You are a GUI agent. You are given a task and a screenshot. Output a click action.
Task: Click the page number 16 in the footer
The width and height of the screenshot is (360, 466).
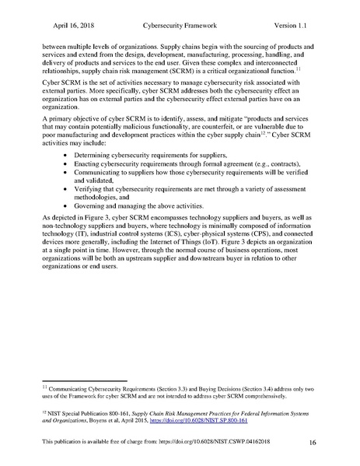[x=312, y=443]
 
